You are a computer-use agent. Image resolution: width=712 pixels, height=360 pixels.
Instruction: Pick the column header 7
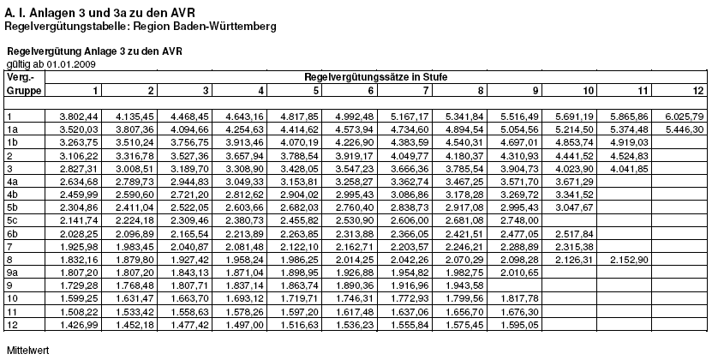click(x=425, y=90)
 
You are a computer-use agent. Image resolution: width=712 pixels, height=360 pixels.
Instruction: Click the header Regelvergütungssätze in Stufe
click(x=376, y=77)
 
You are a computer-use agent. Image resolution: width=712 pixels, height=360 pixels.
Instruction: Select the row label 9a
click(x=12, y=272)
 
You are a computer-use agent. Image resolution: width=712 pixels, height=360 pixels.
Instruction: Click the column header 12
click(x=698, y=90)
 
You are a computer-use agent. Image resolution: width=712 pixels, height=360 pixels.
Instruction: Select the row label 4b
click(x=13, y=194)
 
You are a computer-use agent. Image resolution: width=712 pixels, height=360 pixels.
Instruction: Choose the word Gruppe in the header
click(x=21, y=90)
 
